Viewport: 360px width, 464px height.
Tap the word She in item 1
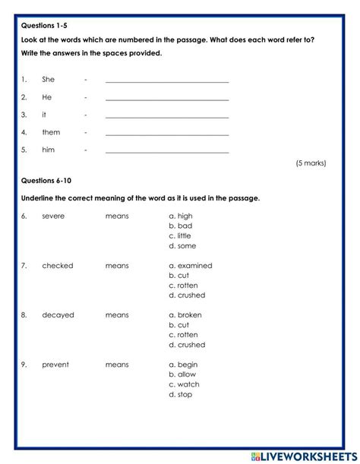pyautogui.click(x=49, y=79)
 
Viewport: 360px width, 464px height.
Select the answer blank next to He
pyautogui.click(x=167, y=97)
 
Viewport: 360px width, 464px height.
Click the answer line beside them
pyautogui.click(x=167, y=133)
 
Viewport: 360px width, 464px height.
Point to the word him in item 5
pyautogui.click(x=49, y=150)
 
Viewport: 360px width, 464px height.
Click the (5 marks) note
pyautogui.click(x=311, y=163)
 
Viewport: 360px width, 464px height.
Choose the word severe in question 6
pyautogui.click(x=53, y=216)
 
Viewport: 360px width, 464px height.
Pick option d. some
pyautogui.click(x=182, y=245)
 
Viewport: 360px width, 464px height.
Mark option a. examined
pyautogui.click(x=190, y=266)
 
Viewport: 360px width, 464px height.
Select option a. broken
pyautogui.click(x=186, y=314)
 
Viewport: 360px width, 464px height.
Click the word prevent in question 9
pyautogui.click(x=55, y=365)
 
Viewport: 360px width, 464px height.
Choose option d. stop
pyautogui.click(x=182, y=394)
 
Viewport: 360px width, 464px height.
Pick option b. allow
pyautogui.click(x=182, y=374)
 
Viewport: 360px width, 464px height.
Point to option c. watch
pyautogui.click(x=183, y=384)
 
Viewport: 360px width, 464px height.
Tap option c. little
pyautogui.click(x=181, y=235)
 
